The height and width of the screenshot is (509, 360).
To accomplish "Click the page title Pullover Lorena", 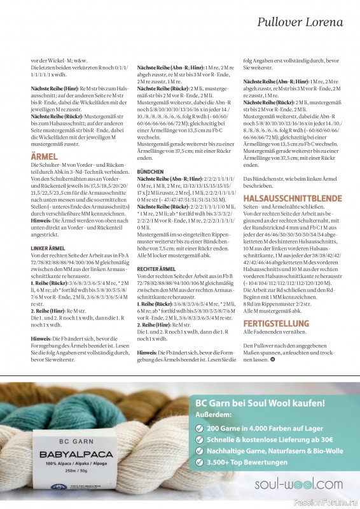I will (x=300, y=23).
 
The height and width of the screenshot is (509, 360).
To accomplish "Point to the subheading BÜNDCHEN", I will (x=150, y=190).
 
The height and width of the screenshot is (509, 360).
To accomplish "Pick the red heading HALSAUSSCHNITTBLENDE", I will (x=282, y=200).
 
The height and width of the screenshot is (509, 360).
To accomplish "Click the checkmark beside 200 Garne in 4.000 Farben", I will (x=200, y=429).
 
